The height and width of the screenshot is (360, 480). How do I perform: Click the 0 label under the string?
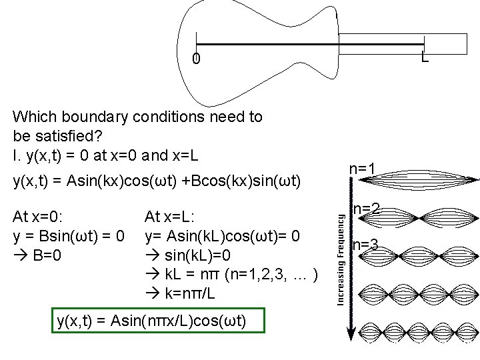tap(195, 60)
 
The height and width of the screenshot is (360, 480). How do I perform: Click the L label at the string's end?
tap(424, 59)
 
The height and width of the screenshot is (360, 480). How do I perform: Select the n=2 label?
tap(366, 209)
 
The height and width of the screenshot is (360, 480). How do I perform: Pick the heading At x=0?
tap(39, 217)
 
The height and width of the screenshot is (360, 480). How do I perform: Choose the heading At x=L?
tap(170, 217)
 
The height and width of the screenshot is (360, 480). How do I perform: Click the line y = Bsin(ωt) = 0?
tap(68, 236)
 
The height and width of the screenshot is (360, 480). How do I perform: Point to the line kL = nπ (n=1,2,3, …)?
tap(233, 274)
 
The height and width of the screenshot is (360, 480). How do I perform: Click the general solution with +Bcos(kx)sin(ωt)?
tap(157, 181)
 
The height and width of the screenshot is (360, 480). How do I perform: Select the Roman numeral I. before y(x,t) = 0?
tap(15, 156)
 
